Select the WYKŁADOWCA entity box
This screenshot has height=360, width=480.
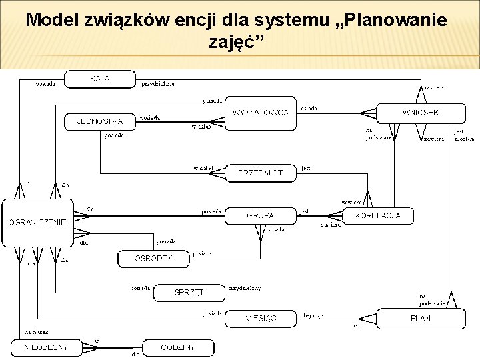tap(261, 113)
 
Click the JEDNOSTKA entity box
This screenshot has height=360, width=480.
tap(100, 122)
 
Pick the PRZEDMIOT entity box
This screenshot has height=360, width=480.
tap(260, 173)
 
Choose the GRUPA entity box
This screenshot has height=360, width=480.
tap(260, 216)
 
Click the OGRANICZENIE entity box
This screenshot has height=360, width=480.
tap(37, 221)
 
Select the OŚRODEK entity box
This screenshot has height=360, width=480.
tap(153, 258)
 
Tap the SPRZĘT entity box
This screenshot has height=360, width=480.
tap(189, 292)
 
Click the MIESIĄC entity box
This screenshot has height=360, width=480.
tap(260, 319)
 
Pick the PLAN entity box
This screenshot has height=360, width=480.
tap(420, 319)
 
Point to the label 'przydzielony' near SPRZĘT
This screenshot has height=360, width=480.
tap(245, 289)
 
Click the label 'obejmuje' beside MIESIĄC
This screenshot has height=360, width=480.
tap(312, 315)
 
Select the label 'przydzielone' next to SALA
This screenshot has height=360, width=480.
tap(158, 84)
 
